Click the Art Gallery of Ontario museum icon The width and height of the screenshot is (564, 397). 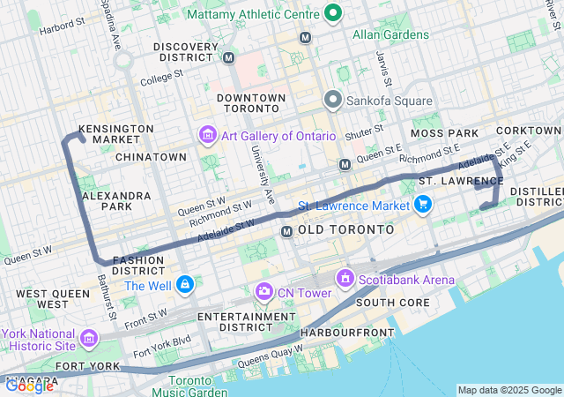click(x=207, y=135)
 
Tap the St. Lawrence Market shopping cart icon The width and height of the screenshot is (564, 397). click(x=423, y=205)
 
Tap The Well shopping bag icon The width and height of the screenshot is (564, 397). click(x=184, y=285)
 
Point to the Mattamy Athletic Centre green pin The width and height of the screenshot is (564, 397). click(x=332, y=13)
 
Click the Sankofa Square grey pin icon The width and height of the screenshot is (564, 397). click(x=333, y=100)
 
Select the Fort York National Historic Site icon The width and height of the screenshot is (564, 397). click(x=89, y=338)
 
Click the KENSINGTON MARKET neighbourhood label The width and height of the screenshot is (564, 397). click(x=116, y=134)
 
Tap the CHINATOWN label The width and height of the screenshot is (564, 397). click(x=152, y=157)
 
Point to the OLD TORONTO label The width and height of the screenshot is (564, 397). click(x=346, y=229)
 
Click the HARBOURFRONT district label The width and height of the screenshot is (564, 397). click(x=345, y=333)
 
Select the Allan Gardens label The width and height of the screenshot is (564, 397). click(x=390, y=35)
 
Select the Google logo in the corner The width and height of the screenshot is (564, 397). click(x=28, y=385)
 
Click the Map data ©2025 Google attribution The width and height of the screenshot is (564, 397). click(x=508, y=390)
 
